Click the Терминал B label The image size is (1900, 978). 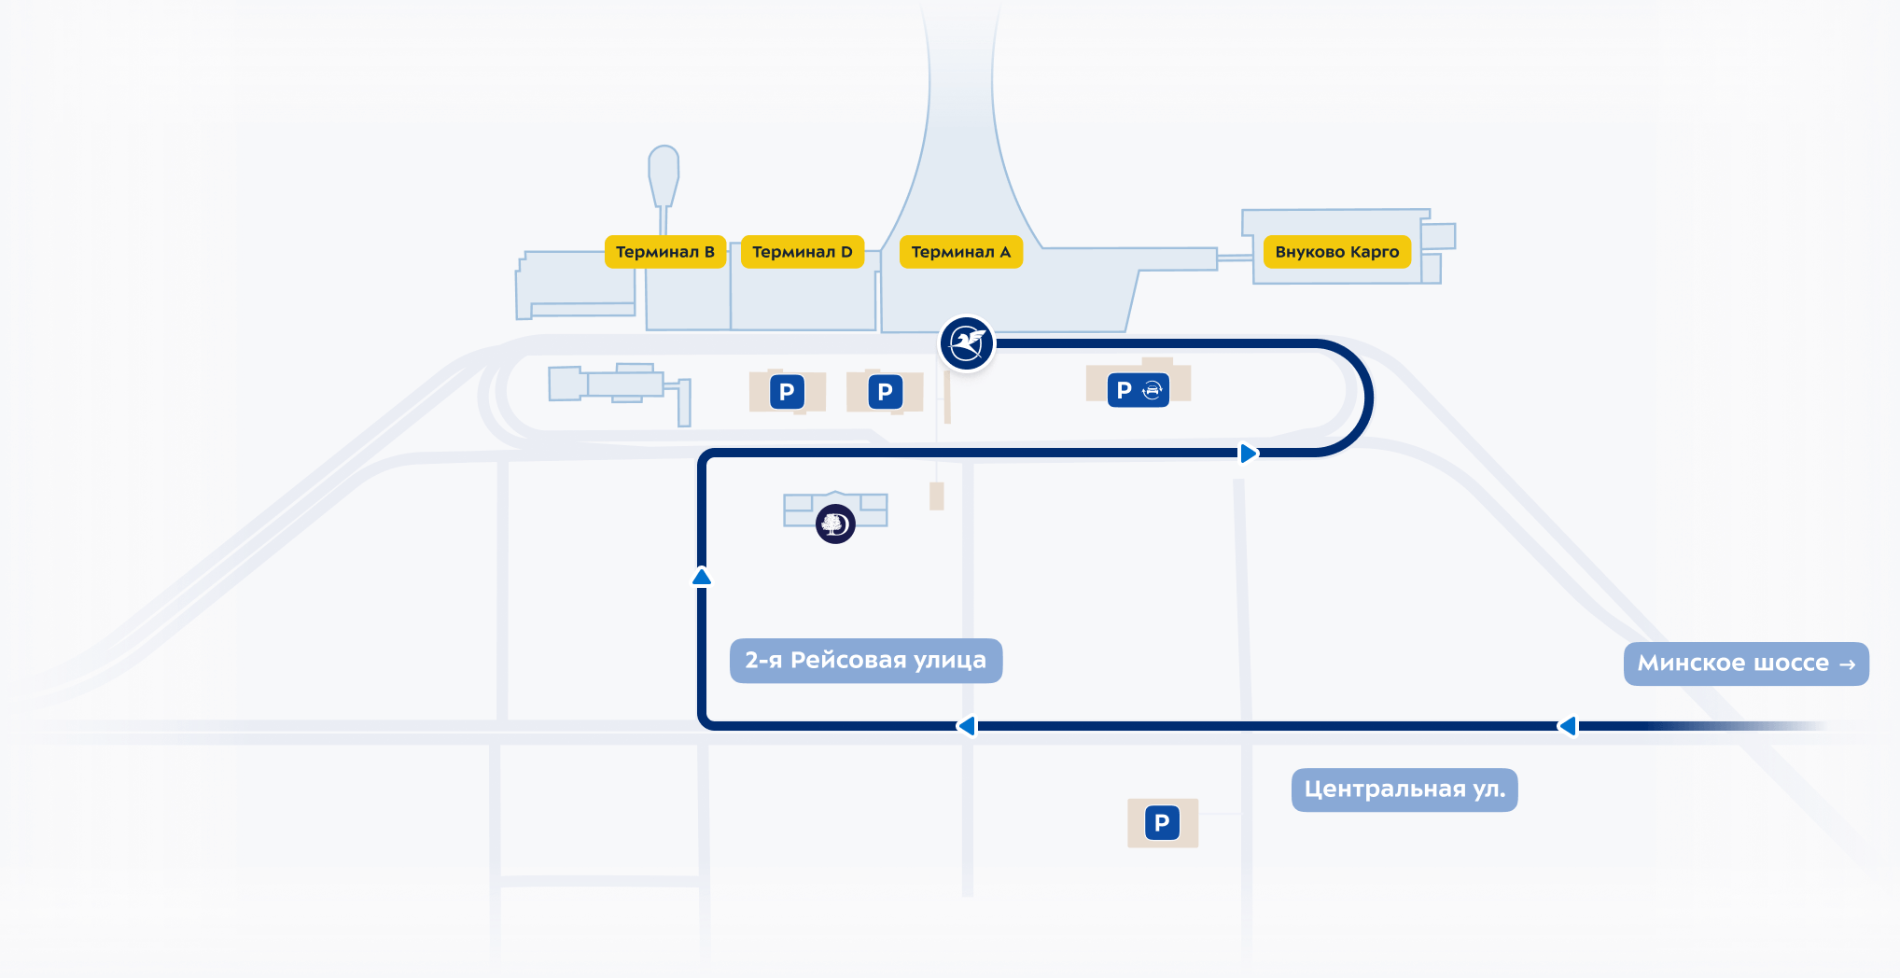[664, 252]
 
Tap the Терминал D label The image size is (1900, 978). [802, 252]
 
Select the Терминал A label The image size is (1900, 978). [960, 252]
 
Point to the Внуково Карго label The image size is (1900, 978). [1336, 252]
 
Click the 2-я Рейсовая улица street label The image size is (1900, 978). [865, 661]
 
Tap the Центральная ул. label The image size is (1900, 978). [1404, 789]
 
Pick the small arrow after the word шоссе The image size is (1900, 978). [1847, 664]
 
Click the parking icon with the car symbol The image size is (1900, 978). [1139, 390]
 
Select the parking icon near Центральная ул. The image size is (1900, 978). [1162, 823]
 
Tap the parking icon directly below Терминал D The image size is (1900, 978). [787, 392]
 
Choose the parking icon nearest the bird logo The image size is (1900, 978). [885, 392]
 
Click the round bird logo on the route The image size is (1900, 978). [967, 343]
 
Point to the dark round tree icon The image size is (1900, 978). [835, 524]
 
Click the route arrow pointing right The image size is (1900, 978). [1248, 454]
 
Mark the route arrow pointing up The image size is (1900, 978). [702, 577]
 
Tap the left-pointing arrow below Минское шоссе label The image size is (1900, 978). [1568, 726]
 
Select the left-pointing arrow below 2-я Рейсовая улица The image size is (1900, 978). [967, 726]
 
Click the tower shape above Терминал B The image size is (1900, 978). [664, 173]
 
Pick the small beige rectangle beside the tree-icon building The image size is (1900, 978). [937, 496]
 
